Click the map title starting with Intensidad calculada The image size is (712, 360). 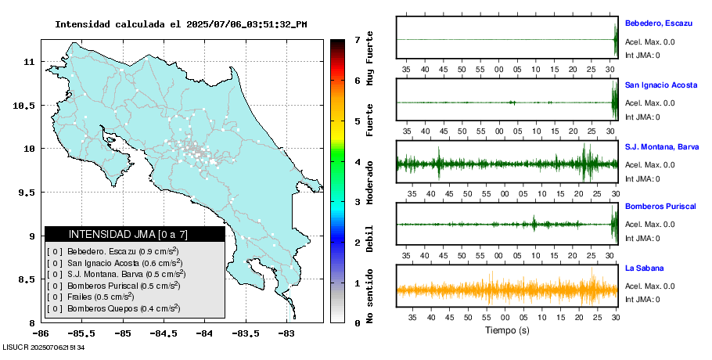[181, 24]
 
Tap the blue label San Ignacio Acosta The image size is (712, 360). [660, 85]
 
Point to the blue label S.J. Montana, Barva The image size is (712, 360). [661, 146]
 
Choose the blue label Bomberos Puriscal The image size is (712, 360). [660, 207]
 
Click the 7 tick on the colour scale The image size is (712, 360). [357, 40]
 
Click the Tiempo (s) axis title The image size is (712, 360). [507, 330]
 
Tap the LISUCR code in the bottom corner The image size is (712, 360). [44, 347]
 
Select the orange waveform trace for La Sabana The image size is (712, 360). [507, 290]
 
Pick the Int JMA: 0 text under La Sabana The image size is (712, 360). [642, 299]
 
